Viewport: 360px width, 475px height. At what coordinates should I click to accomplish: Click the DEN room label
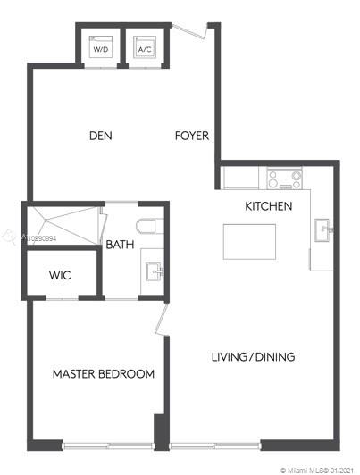[101, 136]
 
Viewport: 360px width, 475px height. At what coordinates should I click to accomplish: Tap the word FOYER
[192, 136]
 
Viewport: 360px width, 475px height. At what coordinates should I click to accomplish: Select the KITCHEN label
[269, 206]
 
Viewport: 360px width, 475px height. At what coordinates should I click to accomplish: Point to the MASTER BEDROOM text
[104, 374]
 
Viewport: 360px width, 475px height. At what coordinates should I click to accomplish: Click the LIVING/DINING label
[253, 357]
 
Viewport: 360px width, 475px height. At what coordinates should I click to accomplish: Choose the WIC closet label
[60, 275]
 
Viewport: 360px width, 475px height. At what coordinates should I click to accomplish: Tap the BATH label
[120, 244]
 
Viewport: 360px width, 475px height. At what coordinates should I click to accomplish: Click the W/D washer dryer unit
[101, 46]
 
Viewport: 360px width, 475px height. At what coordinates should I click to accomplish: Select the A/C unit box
[145, 46]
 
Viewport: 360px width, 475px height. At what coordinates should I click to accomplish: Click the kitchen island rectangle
[249, 242]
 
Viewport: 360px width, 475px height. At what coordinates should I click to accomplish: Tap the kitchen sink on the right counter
[323, 229]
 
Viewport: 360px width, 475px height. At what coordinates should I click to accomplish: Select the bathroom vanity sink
[155, 271]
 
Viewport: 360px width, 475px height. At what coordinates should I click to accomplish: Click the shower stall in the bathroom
[63, 225]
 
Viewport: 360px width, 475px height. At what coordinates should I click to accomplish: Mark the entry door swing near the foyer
[189, 31]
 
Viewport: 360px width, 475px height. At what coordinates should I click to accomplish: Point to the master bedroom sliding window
[108, 446]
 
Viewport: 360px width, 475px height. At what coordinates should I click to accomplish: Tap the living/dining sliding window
[215, 446]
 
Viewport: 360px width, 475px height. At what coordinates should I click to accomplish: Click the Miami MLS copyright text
[316, 471]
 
